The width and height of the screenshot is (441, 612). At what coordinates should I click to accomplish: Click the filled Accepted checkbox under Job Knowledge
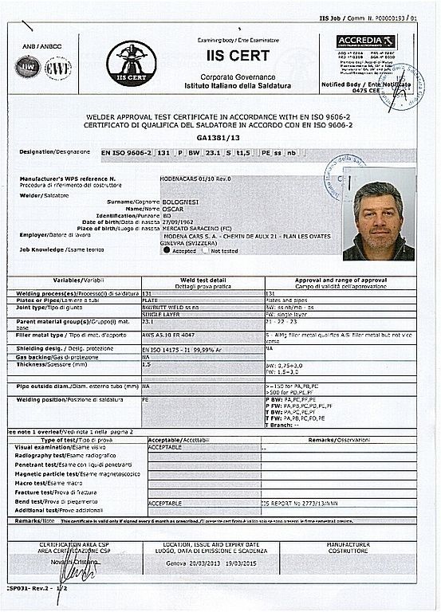[167, 249]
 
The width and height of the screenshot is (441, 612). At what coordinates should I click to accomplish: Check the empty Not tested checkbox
[204, 249]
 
